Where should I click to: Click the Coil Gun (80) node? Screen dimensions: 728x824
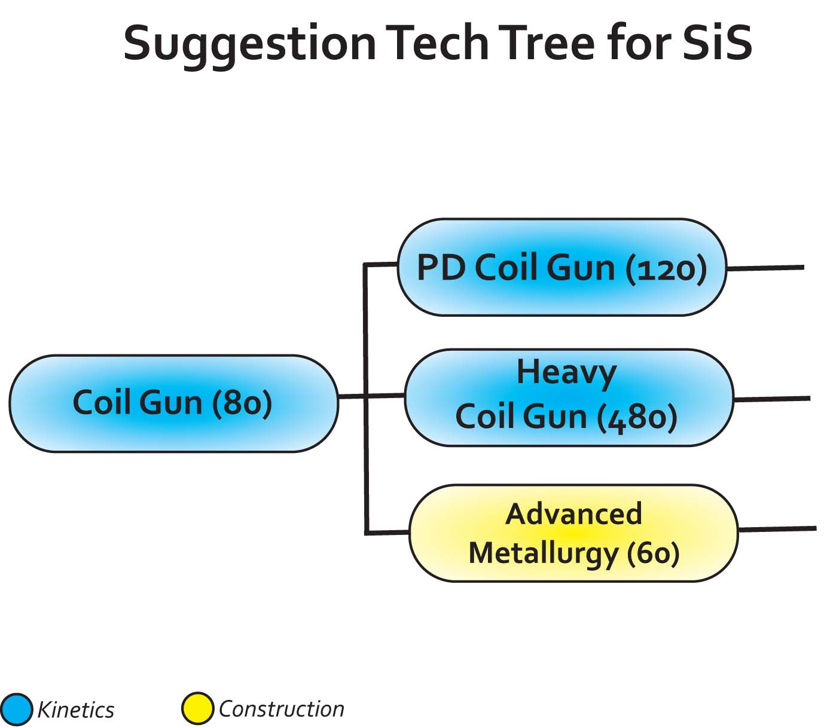pyautogui.click(x=173, y=403)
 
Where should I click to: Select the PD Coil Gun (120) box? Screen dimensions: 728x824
pyautogui.click(x=561, y=267)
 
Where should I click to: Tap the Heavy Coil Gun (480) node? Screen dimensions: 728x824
pyautogui.click(x=569, y=397)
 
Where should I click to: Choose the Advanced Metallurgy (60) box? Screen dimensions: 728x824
pyautogui.click(x=573, y=533)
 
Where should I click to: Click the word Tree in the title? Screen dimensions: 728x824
pyautogui.click(x=547, y=43)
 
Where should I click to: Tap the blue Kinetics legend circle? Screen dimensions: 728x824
pyautogui.click(x=16, y=709)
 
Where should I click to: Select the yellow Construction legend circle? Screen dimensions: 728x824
pyautogui.click(x=197, y=708)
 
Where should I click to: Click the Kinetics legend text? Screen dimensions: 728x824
pyautogui.click(x=75, y=710)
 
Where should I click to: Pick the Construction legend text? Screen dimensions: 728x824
pyautogui.click(x=281, y=709)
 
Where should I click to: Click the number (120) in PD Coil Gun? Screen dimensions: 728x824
pyautogui.click(x=666, y=268)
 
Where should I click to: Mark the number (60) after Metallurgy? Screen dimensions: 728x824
pyautogui.click(x=653, y=553)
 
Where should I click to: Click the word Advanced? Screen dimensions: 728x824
pyautogui.click(x=573, y=514)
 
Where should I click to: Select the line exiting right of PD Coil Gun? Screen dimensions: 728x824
pyautogui.click(x=765, y=268)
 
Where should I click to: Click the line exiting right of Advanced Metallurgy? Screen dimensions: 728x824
pyautogui.click(x=777, y=529)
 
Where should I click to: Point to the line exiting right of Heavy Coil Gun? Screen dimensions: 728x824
pyautogui.click(x=771, y=399)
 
